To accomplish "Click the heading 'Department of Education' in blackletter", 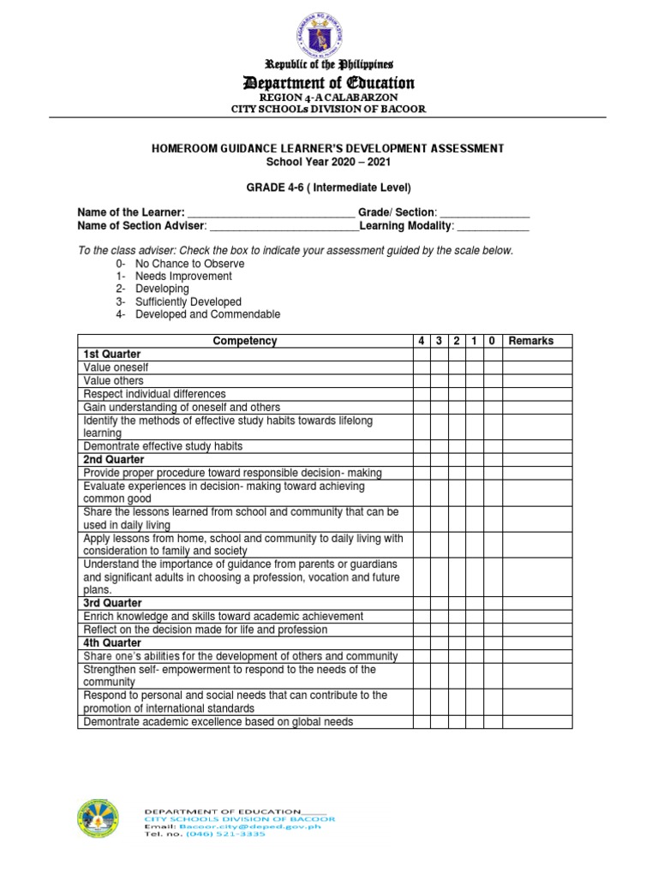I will tap(329, 83).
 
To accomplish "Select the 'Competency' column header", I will tap(245, 341).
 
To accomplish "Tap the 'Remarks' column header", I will tap(531, 341).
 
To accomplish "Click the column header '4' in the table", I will tap(422, 341).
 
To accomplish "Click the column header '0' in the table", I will tap(492, 341).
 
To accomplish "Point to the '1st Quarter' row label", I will tap(112, 354).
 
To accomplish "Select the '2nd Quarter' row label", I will tap(114, 460).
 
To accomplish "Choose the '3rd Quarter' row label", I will tap(113, 603).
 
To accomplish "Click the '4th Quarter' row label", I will tap(113, 642).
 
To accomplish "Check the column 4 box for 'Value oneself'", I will tap(422, 367).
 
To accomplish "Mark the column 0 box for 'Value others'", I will tap(492, 380).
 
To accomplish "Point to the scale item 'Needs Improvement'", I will tap(183, 277).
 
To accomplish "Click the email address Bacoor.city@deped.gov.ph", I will tap(242, 826).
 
